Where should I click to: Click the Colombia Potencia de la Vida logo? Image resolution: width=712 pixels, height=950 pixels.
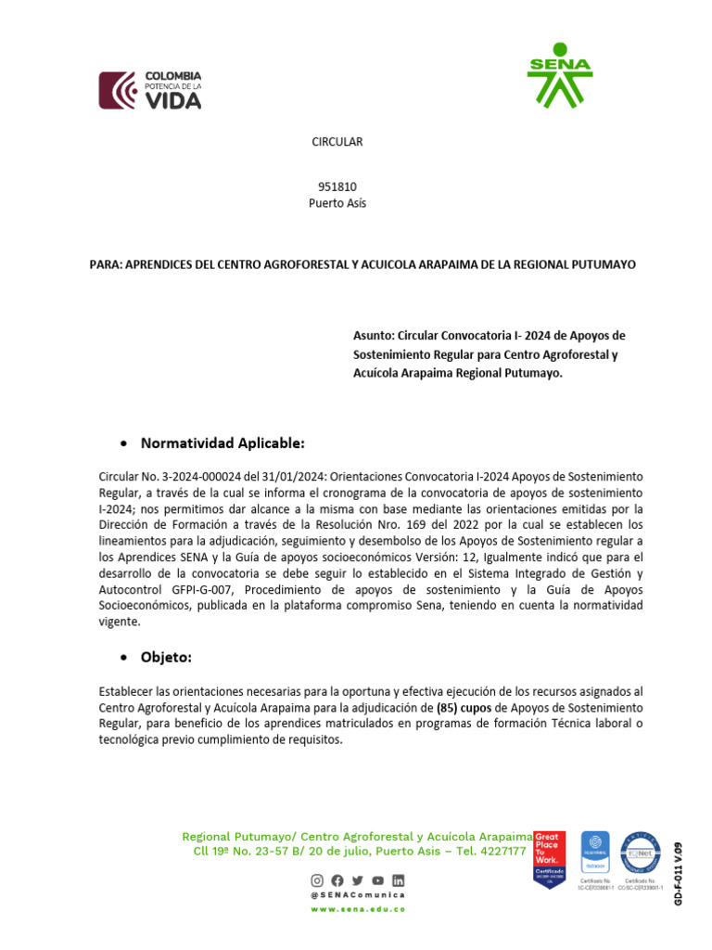150,90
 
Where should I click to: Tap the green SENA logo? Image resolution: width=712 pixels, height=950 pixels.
559,74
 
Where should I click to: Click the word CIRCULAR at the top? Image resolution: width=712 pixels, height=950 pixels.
337,142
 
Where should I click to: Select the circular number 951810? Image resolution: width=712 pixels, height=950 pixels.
337,186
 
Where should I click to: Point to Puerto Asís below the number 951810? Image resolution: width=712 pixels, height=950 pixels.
337,203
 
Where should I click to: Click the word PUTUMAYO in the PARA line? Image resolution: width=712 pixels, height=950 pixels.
604,264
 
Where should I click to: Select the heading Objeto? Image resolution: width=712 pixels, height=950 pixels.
166,657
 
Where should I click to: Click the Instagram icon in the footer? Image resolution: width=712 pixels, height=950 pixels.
317,879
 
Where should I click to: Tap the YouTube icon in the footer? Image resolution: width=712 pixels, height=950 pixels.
377,879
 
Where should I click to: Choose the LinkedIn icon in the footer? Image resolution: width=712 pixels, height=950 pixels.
398,879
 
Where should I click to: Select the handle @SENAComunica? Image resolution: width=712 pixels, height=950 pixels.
358,895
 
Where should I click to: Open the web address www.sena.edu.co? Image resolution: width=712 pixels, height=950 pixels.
358,910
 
